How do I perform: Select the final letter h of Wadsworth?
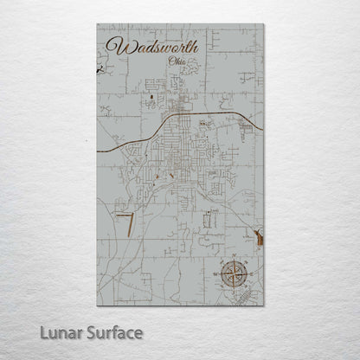[195, 45]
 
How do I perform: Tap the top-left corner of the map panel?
[97, 24]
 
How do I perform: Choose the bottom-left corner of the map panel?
[97, 312]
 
